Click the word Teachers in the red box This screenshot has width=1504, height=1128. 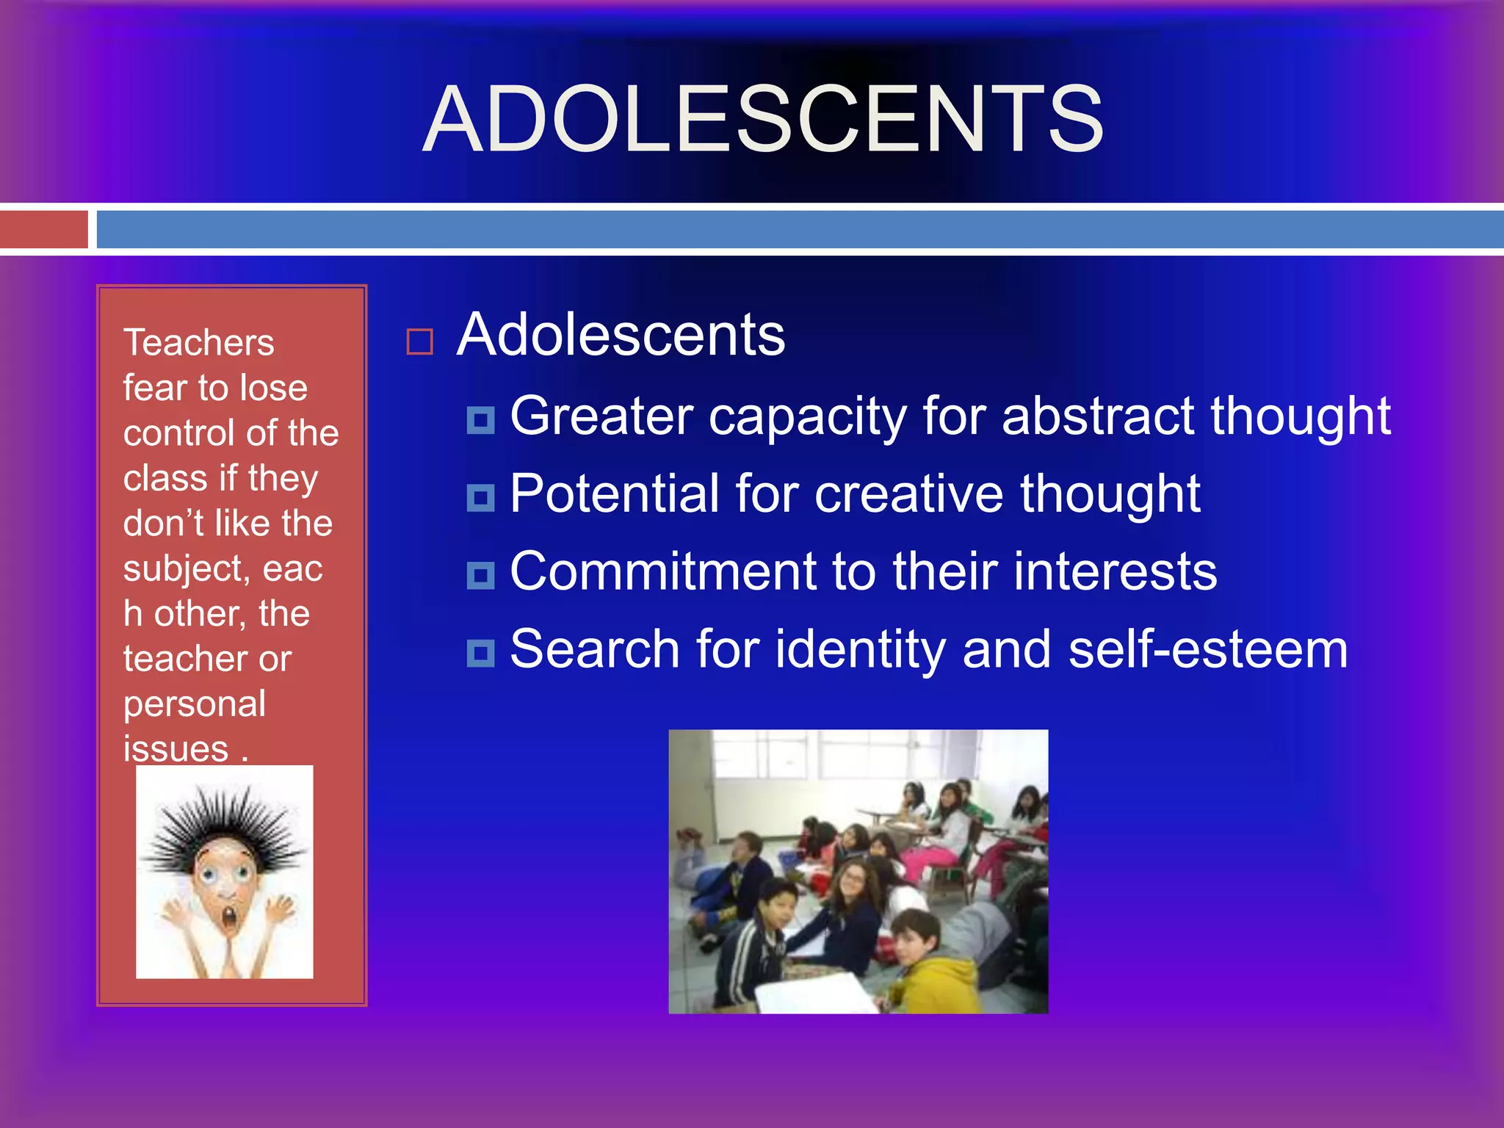click(x=198, y=343)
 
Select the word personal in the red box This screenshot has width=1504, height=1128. click(x=195, y=704)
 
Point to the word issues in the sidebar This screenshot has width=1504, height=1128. click(x=176, y=749)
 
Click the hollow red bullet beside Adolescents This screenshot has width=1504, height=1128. click(x=420, y=341)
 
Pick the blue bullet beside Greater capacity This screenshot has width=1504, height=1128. click(x=481, y=420)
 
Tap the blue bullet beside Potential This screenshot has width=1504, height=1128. click(x=481, y=498)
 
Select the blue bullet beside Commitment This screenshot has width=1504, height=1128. click(x=481, y=576)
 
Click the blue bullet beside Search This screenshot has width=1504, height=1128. click(x=481, y=653)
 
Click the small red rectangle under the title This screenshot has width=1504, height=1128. click(x=44, y=229)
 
